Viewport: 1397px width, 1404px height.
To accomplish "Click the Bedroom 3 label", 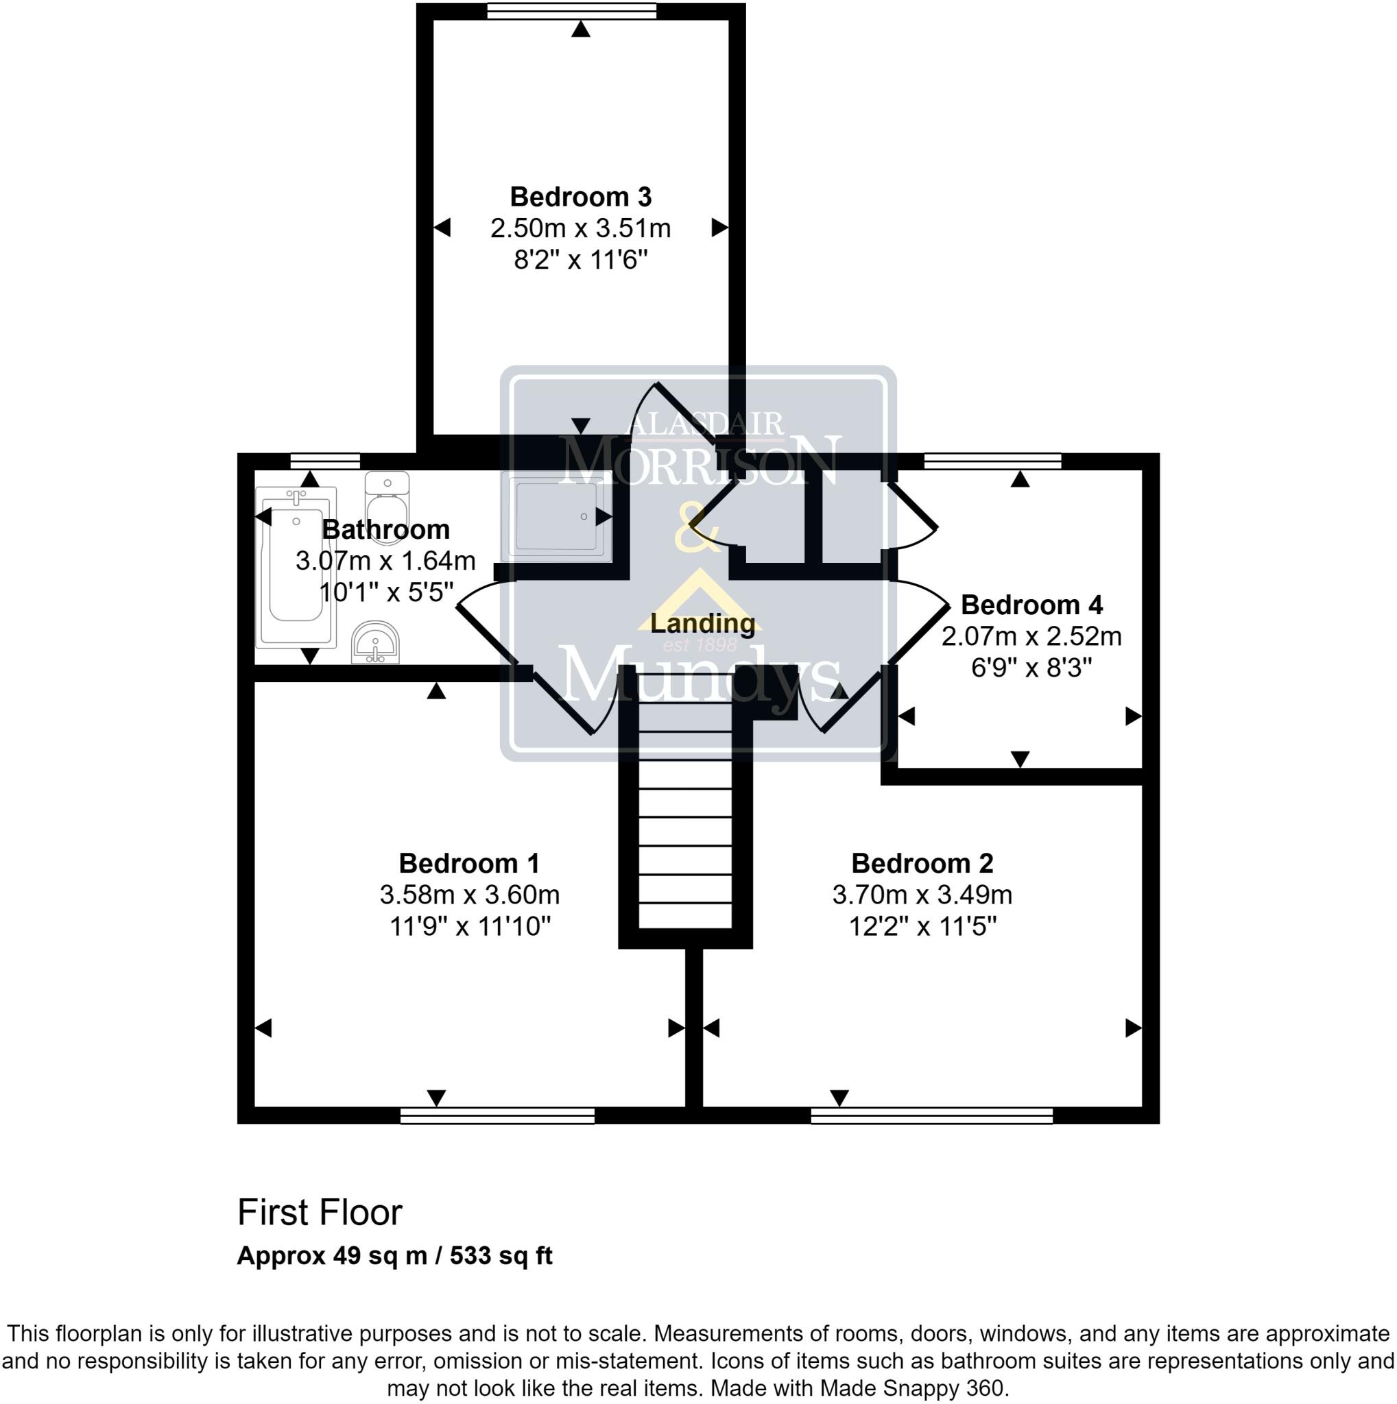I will click(580, 197).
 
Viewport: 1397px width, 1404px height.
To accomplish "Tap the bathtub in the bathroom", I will click(295, 568).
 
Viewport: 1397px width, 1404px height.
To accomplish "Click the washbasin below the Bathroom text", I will click(375, 642).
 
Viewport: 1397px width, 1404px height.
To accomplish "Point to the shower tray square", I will click(556, 516).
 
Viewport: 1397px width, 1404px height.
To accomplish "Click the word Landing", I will click(702, 622).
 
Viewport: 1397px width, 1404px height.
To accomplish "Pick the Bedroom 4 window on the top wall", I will click(992, 461).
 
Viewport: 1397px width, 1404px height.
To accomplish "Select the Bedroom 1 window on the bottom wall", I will click(497, 1115).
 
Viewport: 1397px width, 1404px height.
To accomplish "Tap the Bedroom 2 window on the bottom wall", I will click(931, 1115).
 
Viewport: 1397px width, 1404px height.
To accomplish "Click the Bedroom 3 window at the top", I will click(571, 11).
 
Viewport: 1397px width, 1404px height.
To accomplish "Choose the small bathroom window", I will click(324, 461).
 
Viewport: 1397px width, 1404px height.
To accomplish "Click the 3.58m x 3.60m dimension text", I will click(470, 895).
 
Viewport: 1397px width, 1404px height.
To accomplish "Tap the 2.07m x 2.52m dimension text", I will click(1031, 637).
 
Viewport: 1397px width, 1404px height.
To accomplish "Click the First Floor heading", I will click(320, 1213).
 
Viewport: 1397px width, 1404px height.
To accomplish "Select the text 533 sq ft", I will click(501, 1256).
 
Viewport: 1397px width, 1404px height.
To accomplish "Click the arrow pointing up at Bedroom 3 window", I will click(580, 29).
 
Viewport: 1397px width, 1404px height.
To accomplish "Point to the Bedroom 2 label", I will click(922, 863).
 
